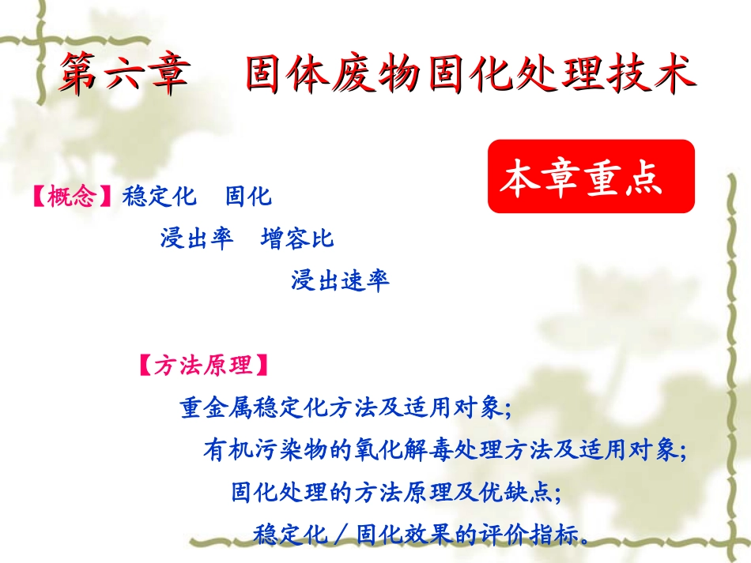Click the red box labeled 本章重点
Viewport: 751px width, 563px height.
[x=591, y=176]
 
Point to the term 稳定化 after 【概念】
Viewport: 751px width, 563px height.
[x=159, y=197]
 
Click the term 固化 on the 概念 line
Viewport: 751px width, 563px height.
[x=248, y=197]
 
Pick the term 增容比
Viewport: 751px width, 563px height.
[x=297, y=238]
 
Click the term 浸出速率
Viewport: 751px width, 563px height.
[x=340, y=280]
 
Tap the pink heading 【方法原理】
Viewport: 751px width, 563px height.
[x=204, y=366]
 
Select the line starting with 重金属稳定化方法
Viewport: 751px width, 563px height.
[x=346, y=408]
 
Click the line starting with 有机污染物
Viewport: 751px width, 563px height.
[x=445, y=451]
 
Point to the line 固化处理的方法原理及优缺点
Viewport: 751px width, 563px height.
[x=396, y=493]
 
